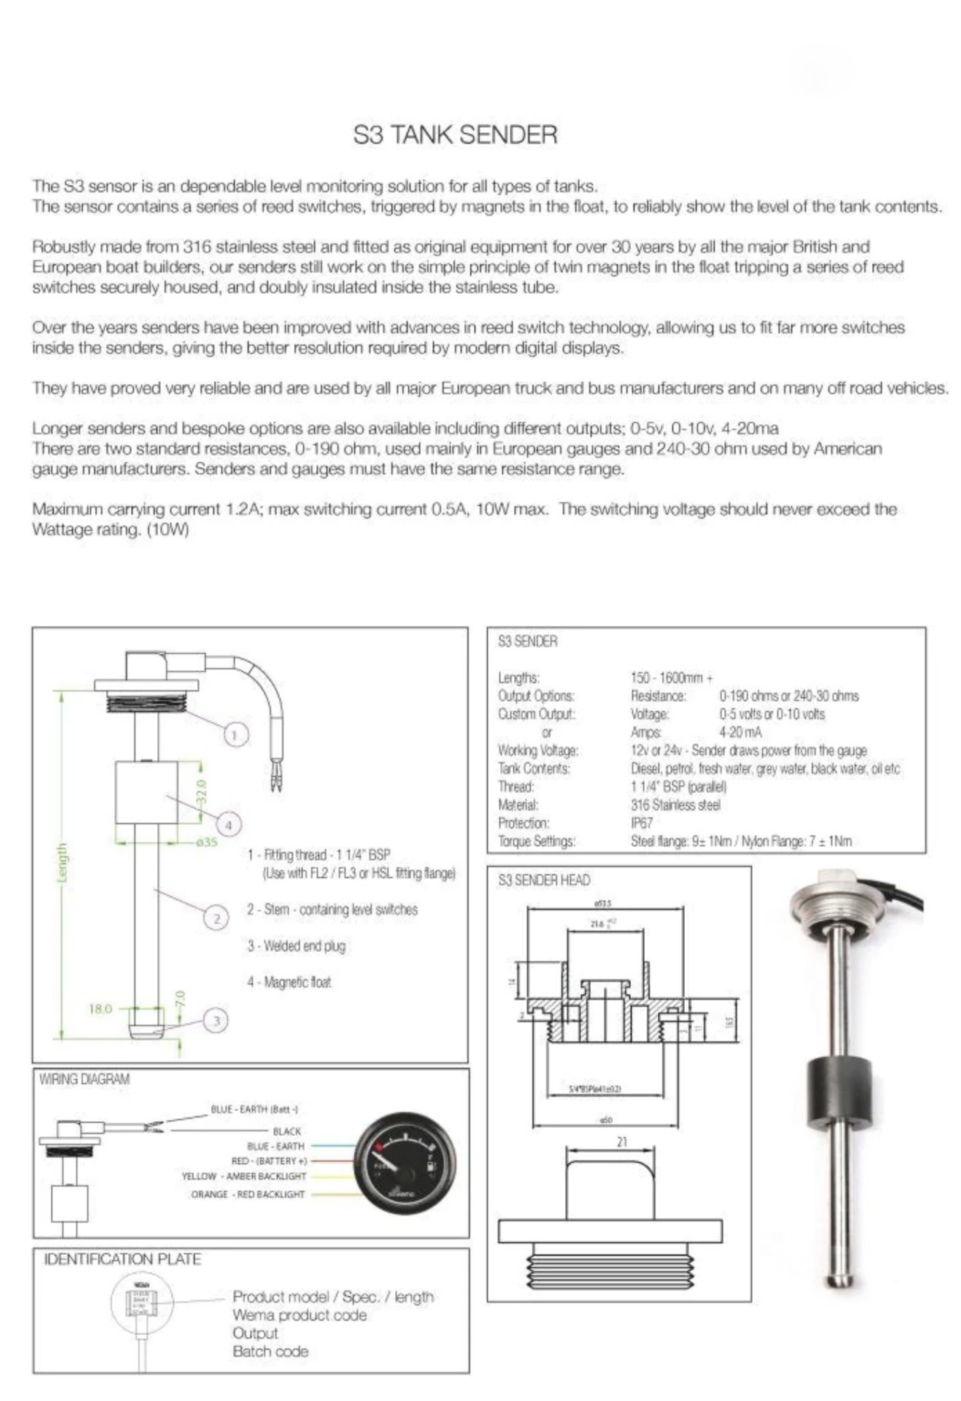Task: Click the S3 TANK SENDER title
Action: click(x=455, y=135)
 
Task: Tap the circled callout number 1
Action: click(x=234, y=735)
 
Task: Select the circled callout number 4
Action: click(x=228, y=825)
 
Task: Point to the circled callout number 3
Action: click(x=215, y=1020)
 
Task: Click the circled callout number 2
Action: click(x=216, y=918)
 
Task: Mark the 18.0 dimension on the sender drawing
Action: click(x=100, y=1009)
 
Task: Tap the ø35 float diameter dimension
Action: click(x=207, y=842)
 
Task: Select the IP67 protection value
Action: click(x=641, y=823)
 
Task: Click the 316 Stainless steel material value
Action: click(x=675, y=805)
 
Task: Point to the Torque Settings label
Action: click(x=536, y=841)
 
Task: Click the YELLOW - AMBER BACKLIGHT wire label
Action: click(x=244, y=1176)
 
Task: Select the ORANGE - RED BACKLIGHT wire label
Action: click(x=247, y=1194)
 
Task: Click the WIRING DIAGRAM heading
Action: click(x=85, y=1079)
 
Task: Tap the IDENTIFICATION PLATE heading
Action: click(x=123, y=1259)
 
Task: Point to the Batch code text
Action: click(x=270, y=1351)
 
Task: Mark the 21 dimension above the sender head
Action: click(x=622, y=1142)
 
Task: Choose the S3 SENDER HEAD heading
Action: click(x=544, y=881)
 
